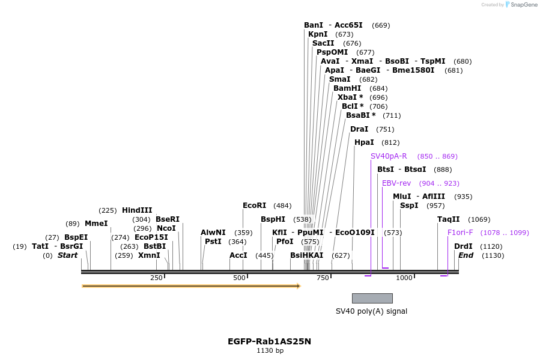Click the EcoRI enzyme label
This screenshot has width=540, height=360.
point(255,206)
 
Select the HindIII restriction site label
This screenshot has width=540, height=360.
point(137,210)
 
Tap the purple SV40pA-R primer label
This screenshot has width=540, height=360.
point(389,156)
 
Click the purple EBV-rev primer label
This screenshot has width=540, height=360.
point(396,183)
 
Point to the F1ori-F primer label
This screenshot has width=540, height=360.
point(460,233)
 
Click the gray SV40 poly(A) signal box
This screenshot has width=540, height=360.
point(372,298)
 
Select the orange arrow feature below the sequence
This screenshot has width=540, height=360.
point(191,286)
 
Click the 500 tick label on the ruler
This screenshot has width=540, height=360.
point(239,278)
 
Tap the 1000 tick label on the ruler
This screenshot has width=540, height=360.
point(404,278)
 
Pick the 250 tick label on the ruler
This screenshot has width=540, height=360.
point(156,278)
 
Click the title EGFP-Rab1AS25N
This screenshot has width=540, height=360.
point(269,341)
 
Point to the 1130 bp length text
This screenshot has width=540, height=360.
point(270,351)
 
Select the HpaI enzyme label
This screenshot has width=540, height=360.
point(364,142)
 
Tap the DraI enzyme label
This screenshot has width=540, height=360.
point(359,129)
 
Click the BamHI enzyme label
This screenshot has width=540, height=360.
point(347,88)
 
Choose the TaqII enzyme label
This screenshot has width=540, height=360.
point(448,219)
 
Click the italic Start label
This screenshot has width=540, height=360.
point(67,255)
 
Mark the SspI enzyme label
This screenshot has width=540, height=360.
point(409,206)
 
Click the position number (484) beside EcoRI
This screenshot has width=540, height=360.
point(282,206)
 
